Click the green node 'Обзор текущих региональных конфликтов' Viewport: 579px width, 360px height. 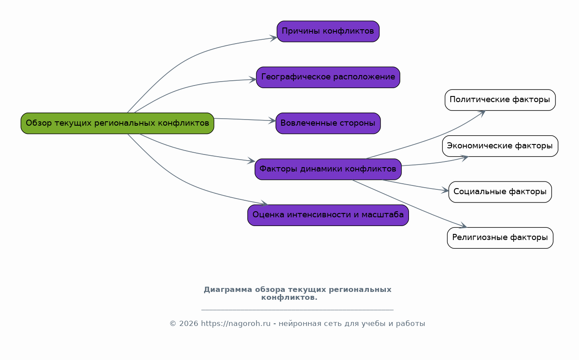click(117, 123)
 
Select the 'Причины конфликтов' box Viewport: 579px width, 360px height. click(328, 31)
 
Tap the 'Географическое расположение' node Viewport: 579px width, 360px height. click(328, 77)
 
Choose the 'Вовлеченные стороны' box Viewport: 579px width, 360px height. click(328, 123)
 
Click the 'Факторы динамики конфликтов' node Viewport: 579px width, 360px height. click(328, 169)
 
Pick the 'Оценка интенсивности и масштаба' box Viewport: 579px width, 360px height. click(328, 215)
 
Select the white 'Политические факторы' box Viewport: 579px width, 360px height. click(500, 100)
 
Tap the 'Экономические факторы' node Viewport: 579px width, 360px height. click(500, 146)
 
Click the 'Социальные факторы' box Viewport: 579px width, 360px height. click(500, 192)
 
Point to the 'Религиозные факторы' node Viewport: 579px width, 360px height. click(500, 238)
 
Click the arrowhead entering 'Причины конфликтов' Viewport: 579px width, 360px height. click(274, 38)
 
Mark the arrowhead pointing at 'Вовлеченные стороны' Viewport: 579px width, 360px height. click(272, 120)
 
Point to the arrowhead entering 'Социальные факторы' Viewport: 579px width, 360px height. click(445, 191)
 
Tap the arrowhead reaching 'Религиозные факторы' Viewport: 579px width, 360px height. click(463, 226)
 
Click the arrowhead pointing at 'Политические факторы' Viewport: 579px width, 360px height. click(482, 112)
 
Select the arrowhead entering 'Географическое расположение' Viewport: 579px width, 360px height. click(253, 79)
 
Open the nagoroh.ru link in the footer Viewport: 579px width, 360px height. click(235, 324)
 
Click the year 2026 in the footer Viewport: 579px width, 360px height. click(188, 324)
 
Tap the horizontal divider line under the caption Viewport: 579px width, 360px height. click(297, 310)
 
